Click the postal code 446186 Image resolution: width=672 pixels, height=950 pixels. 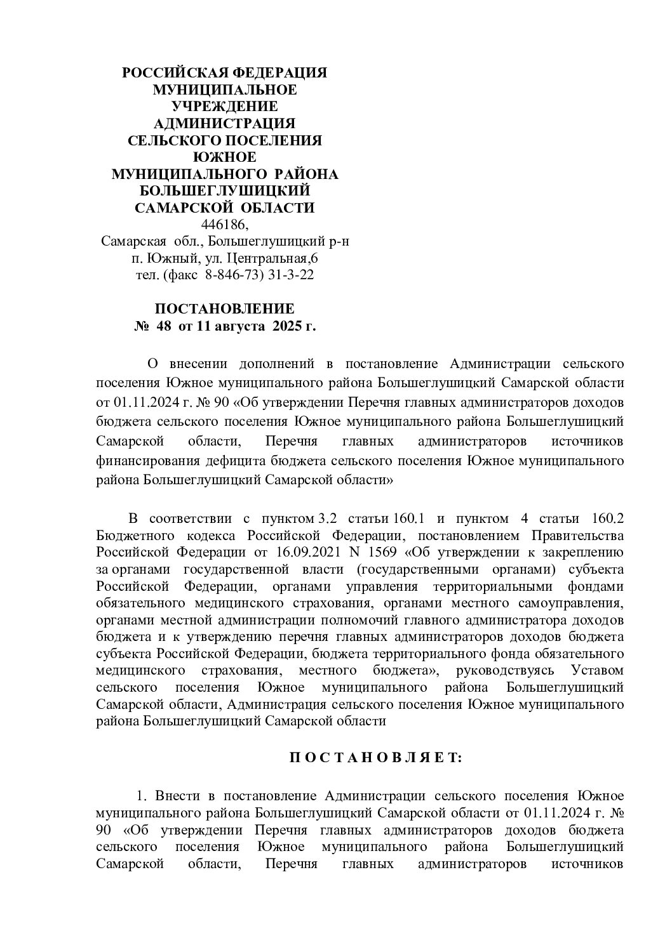click(225, 225)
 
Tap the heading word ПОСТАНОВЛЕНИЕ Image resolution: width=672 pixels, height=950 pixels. click(225, 309)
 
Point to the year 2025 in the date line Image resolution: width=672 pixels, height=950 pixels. click(287, 326)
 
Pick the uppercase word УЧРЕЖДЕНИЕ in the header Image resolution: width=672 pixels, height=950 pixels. click(225, 106)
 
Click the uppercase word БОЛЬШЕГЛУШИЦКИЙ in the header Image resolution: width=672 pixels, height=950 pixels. click(225, 191)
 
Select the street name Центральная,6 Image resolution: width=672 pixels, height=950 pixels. click(274, 258)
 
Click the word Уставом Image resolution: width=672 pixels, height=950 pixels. click(597, 670)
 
